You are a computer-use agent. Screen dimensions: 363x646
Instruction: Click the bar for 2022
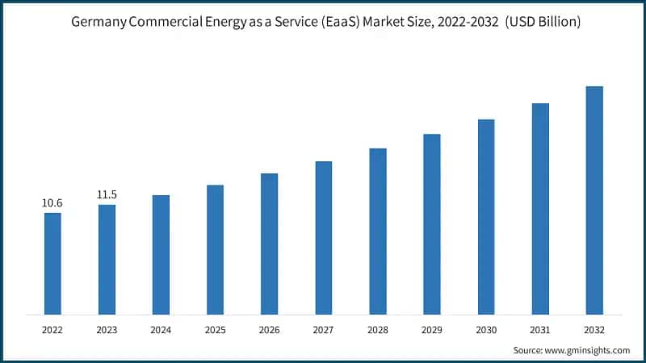[52, 263]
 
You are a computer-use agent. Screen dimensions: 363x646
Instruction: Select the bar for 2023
[107, 259]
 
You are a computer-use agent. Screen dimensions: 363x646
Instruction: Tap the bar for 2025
[215, 249]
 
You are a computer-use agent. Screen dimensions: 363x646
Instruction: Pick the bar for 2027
[323, 237]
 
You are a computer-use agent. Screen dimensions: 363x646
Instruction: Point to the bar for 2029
[432, 223]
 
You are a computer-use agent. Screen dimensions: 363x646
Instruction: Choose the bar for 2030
[486, 216]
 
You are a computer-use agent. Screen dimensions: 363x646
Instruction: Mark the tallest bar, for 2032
[594, 200]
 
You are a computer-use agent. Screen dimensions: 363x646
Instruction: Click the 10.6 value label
[52, 202]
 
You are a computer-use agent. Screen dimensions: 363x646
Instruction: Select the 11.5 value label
[107, 194]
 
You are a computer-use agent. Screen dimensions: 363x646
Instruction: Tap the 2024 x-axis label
[161, 330]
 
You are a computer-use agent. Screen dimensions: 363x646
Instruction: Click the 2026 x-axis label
[269, 330]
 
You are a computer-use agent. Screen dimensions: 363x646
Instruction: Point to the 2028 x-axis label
[377, 330]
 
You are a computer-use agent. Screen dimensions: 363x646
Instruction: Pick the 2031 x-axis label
[540, 330]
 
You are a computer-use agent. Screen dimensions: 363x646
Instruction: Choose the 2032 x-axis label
[594, 330]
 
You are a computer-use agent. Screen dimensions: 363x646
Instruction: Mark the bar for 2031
[540, 208]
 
